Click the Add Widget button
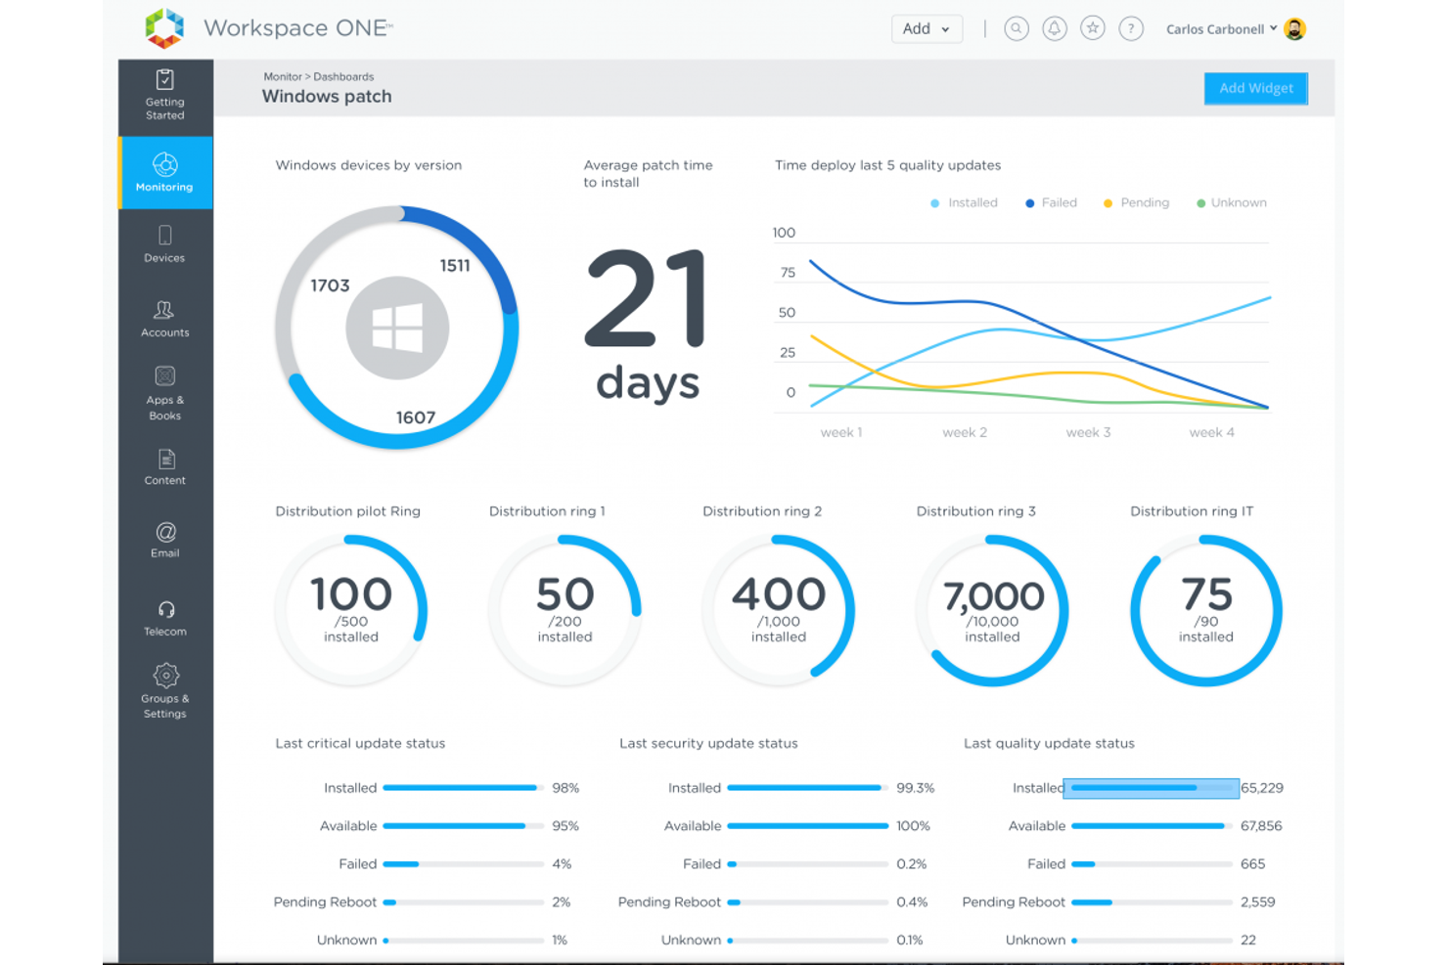pyautogui.click(x=1255, y=88)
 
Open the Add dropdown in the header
pyautogui.click(x=926, y=29)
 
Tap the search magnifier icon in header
pyautogui.click(x=1017, y=29)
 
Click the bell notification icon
pyautogui.click(x=1054, y=29)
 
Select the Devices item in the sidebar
pyautogui.click(x=164, y=244)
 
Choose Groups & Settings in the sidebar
pyautogui.click(x=164, y=690)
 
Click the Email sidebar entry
pyautogui.click(x=164, y=540)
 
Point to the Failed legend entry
pyautogui.click(x=1052, y=202)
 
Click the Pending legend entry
pyautogui.click(x=1137, y=202)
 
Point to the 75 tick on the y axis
pyautogui.click(x=788, y=273)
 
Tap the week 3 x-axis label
pyautogui.click(x=1088, y=432)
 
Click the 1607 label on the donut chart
pyautogui.click(x=415, y=417)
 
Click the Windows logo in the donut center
pyautogui.click(x=397, y=328)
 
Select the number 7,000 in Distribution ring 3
pyautogui.click(x=993, y=596)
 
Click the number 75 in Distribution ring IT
pyautogui.click(x=1206, y=594)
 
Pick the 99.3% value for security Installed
pyautogui.click(x=915, y=788)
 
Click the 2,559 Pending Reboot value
pyautogui.click(x=1257, y=901)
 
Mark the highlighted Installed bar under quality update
pyautogui.click(x=1151, y=788)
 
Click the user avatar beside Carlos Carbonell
pyautogui.click(x=1294, y=29)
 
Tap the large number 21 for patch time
pyautogui.click(x=646, y=299)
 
